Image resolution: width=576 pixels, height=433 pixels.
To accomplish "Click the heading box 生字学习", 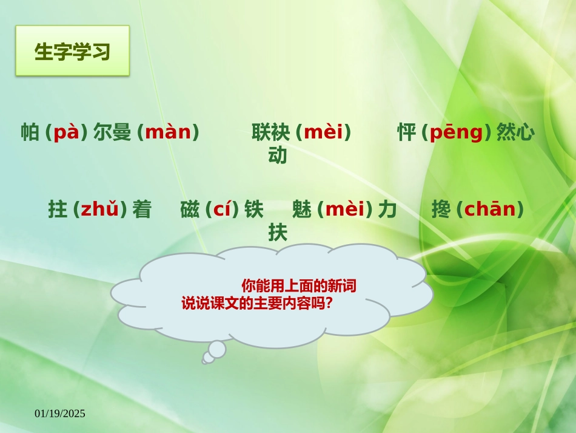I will (x=72, y=51).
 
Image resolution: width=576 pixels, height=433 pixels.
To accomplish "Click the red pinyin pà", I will (x=67, y=132).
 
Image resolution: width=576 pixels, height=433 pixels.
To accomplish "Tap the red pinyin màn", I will (x=168, y=132).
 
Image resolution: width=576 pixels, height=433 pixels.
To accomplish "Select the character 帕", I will (x=30, y=132).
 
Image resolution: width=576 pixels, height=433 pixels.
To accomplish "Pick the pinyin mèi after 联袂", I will (x=323, y=132).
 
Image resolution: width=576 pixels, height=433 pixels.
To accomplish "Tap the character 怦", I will (x=406, y=132).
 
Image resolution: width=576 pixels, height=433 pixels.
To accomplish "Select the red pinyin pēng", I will (x=456, y=132).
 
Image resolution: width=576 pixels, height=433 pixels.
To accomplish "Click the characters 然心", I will (x=515, y=132).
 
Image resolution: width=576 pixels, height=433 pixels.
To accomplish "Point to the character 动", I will (x=278, y=156).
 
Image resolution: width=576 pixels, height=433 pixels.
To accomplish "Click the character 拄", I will (x=57, y=210).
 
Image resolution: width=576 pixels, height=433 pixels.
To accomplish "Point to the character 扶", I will (x=278, y=233).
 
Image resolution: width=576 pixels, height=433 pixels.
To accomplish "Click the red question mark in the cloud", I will (x=329, y=302).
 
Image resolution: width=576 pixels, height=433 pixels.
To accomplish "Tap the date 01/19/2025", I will (x=60, y=414).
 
